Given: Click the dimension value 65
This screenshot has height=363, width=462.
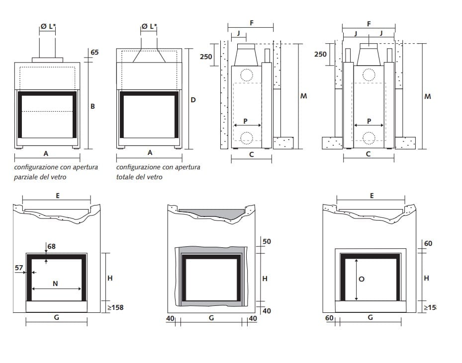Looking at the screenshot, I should (94, 52).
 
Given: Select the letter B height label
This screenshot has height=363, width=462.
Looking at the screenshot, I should (92, 106).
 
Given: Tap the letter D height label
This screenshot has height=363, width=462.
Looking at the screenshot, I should (193, 100).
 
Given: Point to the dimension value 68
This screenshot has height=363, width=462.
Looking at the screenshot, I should (51, 246).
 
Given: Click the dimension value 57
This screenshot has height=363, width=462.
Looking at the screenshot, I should (19, 268).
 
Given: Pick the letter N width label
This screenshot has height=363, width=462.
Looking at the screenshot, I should (56, 284).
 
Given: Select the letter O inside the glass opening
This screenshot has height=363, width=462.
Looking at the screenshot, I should (362, 279).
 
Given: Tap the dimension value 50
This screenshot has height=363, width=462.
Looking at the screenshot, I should (267, 241).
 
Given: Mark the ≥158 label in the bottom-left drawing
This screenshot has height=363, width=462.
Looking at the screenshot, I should (115, 307).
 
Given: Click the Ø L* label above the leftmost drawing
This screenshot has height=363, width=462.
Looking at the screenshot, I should (48, 26).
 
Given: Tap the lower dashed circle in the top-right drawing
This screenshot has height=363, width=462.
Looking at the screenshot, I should (369, 138).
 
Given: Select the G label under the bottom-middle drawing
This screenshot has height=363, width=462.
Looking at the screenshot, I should (211, 318).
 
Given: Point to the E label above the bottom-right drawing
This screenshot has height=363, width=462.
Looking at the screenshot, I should (371, 196).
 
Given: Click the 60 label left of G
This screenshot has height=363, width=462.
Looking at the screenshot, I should (329, 318).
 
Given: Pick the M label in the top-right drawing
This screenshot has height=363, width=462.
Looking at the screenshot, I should (427, 97).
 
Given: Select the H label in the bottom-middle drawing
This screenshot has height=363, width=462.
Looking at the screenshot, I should (265, 279).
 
